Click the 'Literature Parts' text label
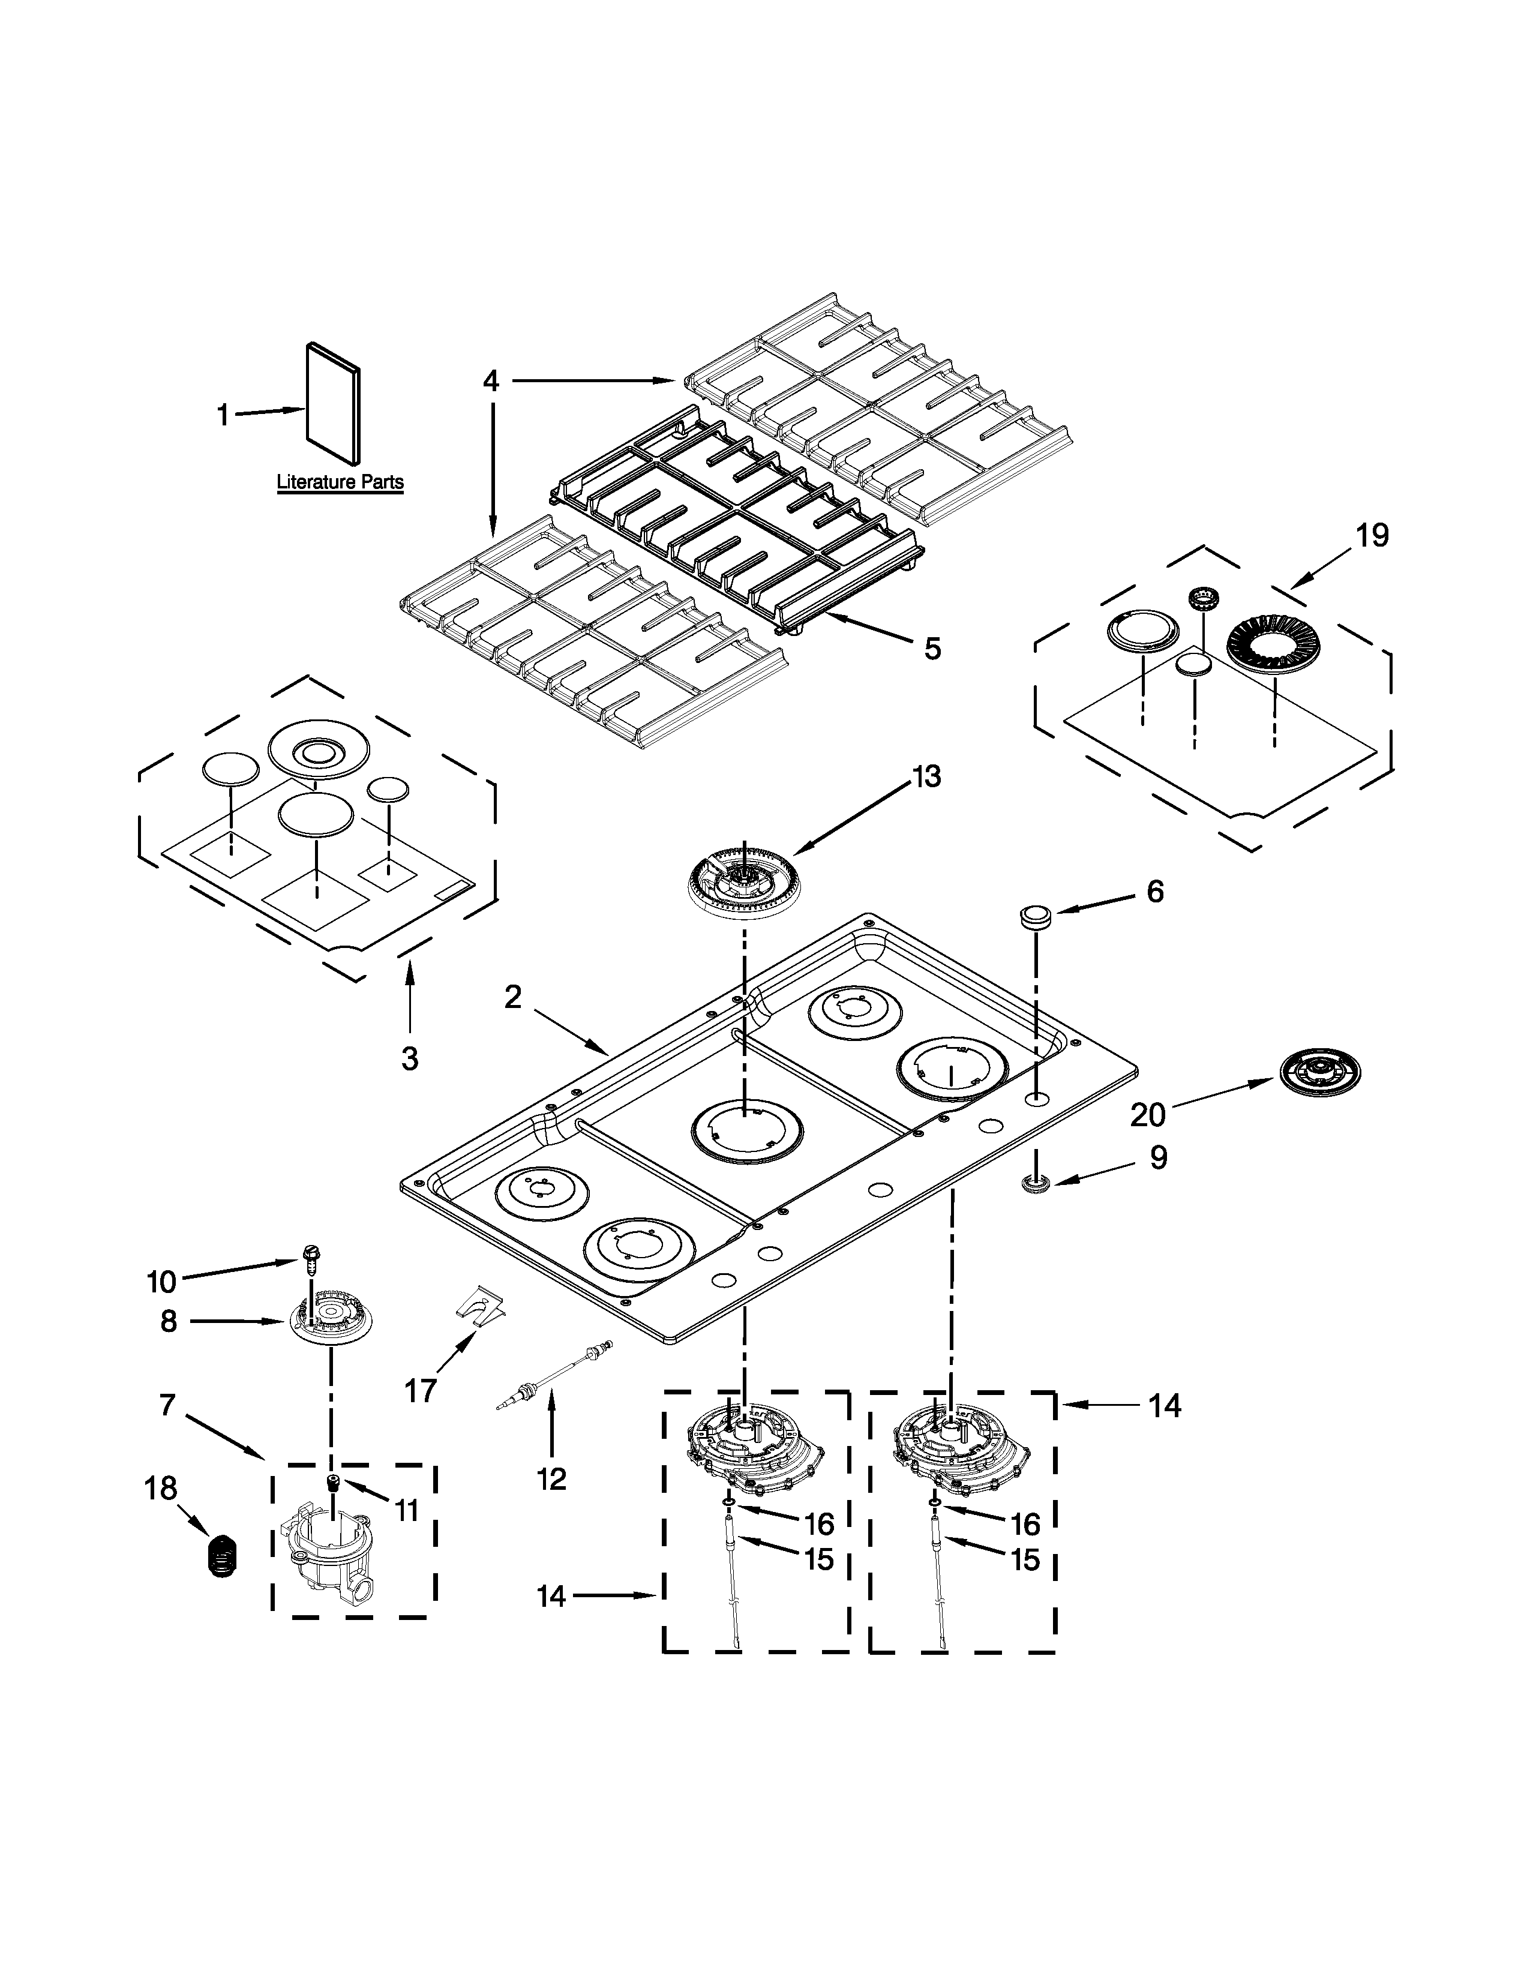pos(340,482)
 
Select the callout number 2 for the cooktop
pos(513,998)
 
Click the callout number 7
pos(167,1405)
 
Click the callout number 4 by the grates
pos(490,381)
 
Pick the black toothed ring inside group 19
pos(1273,644)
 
